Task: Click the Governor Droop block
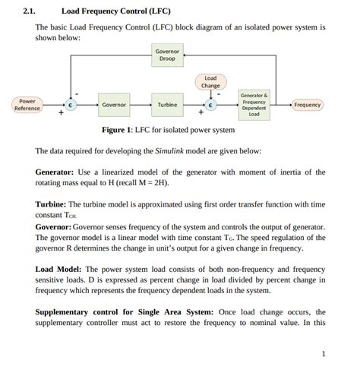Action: [x=168, y=55]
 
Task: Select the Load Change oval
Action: [x=210, y=81]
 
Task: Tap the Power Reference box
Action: [x=27, y=104]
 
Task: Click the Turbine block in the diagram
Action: [x=167, y=105]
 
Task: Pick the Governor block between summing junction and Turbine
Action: [x=114, y=105]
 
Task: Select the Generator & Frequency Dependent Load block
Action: [x=254, y=105]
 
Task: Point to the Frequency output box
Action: [x=307, y=105]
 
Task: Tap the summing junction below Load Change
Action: [x=212, y=105]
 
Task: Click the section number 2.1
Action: [x=30, y=11]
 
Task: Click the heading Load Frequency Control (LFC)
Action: [x=115, y=11]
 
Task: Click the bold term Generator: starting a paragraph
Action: [x=55, y=172]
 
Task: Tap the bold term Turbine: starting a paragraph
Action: [x=51, y=205]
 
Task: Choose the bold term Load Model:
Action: [x=58, y=269]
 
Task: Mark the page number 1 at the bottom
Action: [x=323, y=354]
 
